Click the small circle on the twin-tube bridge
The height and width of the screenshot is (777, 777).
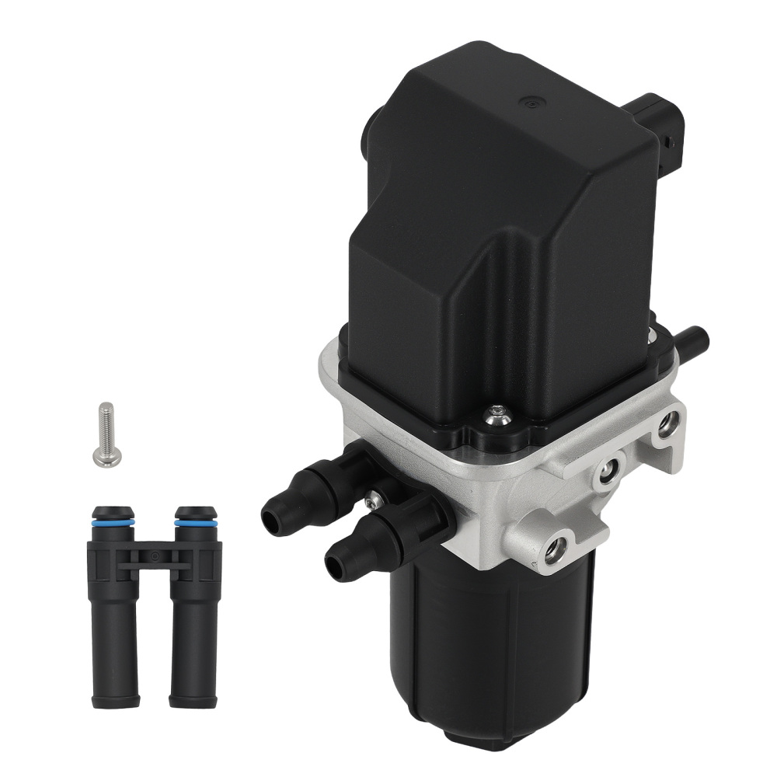tap(155, 556)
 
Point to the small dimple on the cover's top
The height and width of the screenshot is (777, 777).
tap(531, 103)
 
